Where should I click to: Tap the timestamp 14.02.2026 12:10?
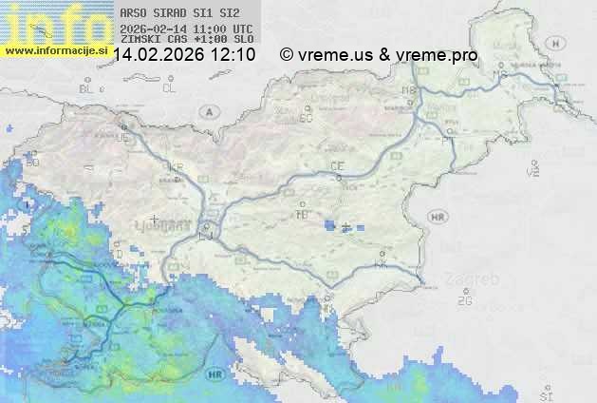(x=184, y=55)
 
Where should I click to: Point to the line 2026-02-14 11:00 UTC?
(x=186, y=29)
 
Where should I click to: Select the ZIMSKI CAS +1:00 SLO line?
(x=186, y=39)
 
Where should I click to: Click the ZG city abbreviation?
(x=464, y=301)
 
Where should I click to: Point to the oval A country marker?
(x=208, y=111)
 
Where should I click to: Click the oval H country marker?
(x=561, y=43)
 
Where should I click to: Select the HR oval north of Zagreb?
(x=438, y=218)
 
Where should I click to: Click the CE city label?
(x=337, y=166)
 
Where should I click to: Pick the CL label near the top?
(x=169, y=88)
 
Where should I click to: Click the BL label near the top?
(x=87, y=88)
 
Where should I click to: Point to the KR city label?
(x=175, y=166)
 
